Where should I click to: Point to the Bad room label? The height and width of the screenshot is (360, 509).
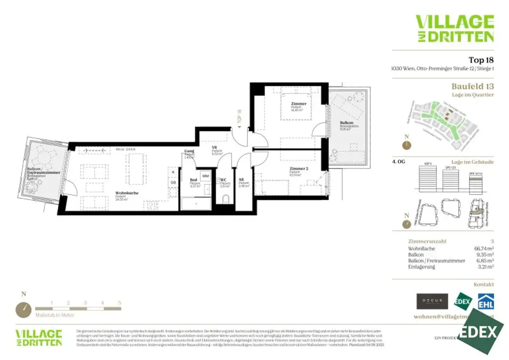(193, 181)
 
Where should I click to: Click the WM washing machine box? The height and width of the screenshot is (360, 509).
(205, 177)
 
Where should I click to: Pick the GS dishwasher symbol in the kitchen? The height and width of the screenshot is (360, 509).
(173, 182)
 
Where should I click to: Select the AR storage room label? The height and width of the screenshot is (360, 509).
(241, 180)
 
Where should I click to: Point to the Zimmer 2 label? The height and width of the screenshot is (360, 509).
(299, 169)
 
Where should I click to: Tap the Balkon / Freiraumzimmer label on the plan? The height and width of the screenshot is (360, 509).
(43, 173)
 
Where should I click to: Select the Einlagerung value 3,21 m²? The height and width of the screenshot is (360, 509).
(485, 267)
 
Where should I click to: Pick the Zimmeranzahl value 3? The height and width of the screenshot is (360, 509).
(492, 241)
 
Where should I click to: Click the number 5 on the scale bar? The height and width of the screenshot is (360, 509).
(120, 302)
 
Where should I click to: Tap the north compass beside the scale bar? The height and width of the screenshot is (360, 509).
(23, 309)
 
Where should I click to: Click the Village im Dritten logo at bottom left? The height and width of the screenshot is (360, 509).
(39, 337)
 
